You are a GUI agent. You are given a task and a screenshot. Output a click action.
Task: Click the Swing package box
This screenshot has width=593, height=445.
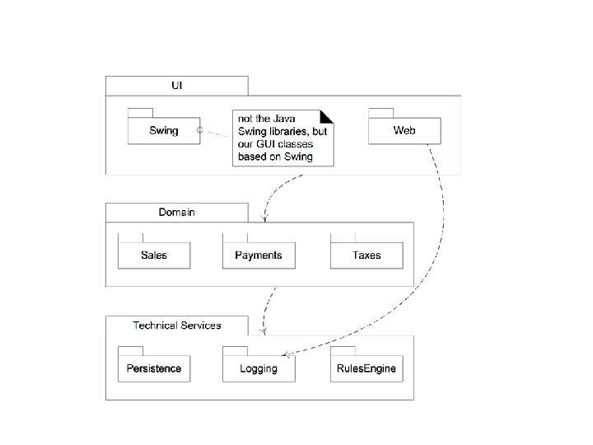[x=164, y=130]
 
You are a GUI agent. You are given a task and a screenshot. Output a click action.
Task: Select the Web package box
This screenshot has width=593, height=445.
[x=404, y=130]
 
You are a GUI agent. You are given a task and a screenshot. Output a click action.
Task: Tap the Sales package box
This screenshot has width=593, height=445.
[x=154, y=255]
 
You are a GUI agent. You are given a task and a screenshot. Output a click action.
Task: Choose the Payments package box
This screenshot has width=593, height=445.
[x=258, y=255]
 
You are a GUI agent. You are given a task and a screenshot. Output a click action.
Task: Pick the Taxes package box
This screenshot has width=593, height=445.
[x=367, y=255]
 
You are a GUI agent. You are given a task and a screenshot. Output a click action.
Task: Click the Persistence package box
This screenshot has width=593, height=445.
[x=154, y=368]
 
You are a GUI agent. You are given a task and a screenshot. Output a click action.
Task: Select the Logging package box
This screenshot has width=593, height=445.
[x=258, y=368]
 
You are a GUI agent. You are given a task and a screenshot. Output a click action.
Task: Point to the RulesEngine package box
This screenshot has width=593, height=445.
[x=367, y=368]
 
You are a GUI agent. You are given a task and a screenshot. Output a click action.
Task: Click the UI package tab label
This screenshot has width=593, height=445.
[x=176, y=85]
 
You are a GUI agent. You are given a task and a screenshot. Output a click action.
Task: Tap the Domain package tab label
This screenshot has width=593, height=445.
[x=176, y=212]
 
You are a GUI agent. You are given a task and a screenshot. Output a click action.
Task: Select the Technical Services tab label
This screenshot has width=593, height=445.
[x=176, y=325]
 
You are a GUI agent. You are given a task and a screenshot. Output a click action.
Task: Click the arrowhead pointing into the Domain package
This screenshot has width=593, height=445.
[x=264, y=219]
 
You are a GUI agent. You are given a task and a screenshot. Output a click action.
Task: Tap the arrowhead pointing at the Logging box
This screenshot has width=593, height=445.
[x=285, y=355]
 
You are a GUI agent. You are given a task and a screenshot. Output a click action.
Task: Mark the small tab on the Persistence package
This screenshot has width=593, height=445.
[x=131, y=350]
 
